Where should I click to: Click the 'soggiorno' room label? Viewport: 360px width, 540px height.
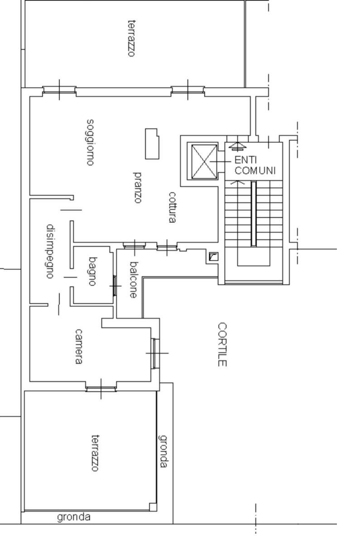(x=90, y=142)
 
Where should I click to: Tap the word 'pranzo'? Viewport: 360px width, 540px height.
(x=138, y=187)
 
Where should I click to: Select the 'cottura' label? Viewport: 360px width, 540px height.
(x=172, y=207)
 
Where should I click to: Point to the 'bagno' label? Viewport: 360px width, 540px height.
(x=92, y=271)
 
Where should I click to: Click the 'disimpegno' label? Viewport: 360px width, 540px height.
(x=50, y=251)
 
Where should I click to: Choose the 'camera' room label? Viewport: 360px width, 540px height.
(x=78, y=346)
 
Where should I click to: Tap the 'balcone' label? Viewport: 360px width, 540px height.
(x=133, y=279)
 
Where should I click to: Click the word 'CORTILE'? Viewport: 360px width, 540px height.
(x=222, y=344)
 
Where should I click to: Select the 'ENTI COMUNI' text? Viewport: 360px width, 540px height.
(x=254, y=165)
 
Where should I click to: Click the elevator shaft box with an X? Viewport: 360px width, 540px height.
(x=204, y=162)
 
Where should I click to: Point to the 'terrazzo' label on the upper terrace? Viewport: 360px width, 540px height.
(x=131, y=38)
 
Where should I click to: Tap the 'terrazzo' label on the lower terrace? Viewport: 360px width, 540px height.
(x=96, y=453)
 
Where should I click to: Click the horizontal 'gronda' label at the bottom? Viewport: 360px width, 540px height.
(x=74, y=517)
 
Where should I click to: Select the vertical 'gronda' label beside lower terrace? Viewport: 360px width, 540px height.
(x=164, y=451)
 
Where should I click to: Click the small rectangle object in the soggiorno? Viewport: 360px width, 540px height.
(x=152, y=143)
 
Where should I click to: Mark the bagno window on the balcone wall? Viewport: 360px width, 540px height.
(x=115, y=286)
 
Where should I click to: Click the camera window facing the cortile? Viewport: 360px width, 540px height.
(x=156, y=354)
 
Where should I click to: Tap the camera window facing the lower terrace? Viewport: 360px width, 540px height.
(x=101, y=389)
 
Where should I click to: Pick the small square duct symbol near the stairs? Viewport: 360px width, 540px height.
(x=214, y=257)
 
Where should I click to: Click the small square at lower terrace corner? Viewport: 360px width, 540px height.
(x=153, y=507)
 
